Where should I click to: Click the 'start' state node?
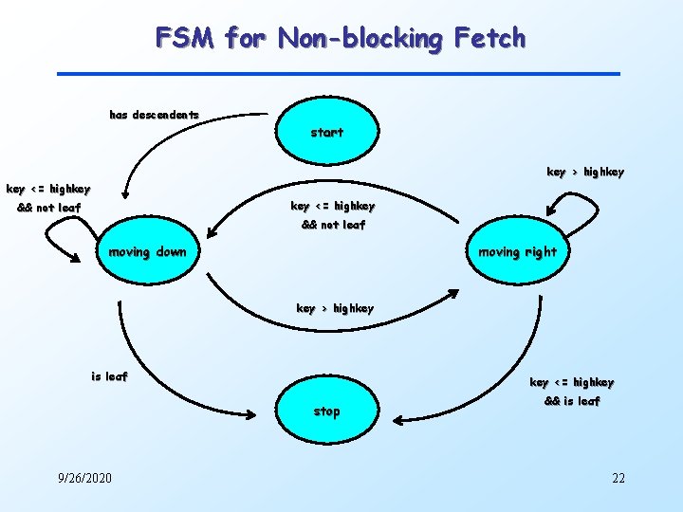tap(327, 132)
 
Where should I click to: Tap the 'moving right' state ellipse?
tap(517, 252)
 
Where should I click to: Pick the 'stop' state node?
tap(327, 411)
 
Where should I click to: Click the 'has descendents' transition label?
tap(155, 115)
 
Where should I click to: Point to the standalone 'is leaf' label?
tap(109, 376)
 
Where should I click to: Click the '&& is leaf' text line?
tap(571, 401)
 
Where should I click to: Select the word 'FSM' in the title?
tap(186, 39)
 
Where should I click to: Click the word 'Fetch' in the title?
tap(489, 39)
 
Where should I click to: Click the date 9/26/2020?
tap(83, 477)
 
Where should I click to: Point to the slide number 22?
tap(618, 477)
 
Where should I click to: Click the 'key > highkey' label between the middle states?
tap(335, 308)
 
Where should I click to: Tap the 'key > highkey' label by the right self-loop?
tap(585, 172)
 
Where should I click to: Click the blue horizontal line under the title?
tap(338, 74)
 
